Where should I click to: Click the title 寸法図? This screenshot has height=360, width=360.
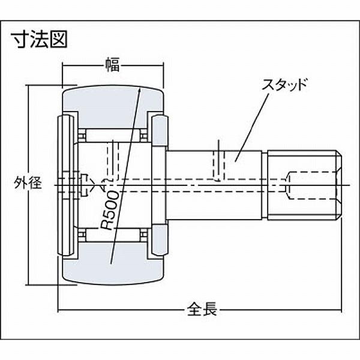point(39,39)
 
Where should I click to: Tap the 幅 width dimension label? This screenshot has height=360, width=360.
point(112,65)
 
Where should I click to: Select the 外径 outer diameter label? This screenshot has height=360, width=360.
point(28,183)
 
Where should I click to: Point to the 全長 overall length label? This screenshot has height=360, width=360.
point(202,309)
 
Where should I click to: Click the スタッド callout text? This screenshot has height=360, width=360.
point(284,84)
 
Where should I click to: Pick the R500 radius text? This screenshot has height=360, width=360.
point(110,211)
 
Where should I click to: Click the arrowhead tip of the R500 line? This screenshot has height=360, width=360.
point(140,88)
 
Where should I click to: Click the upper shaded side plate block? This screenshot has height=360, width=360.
point(160,131)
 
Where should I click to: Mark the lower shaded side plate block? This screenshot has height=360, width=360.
point(160,240)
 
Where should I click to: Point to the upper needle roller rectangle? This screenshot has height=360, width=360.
point(113,136)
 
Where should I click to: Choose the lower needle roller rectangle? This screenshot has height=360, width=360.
point(113,235)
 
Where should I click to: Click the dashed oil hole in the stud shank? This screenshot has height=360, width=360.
point(219,165)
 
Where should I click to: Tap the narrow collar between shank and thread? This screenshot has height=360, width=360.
point(265,185)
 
